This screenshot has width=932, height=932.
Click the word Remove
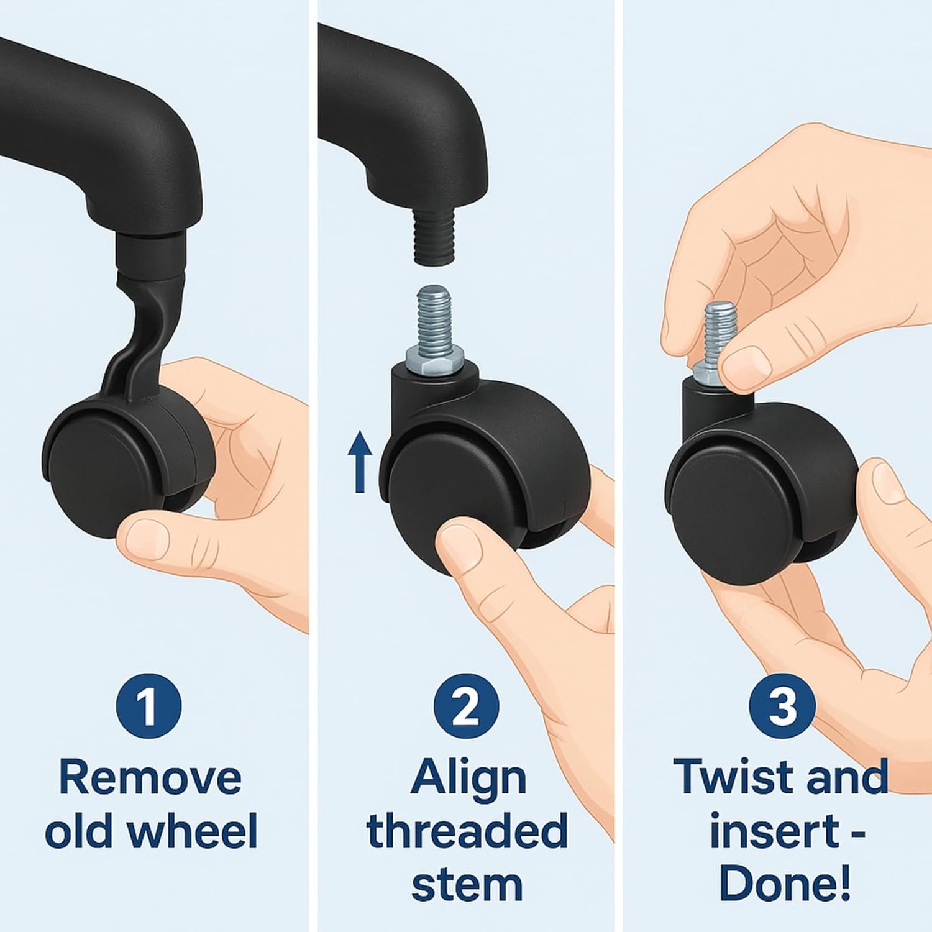click(150, 777)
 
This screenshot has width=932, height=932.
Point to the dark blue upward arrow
click(360, 462)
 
